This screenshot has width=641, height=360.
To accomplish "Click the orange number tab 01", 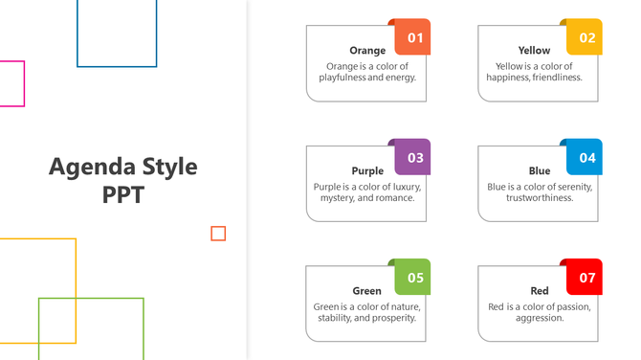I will coord(413,38).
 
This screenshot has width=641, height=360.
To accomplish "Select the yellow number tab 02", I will coord(586,38).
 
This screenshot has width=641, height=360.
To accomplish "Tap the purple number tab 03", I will coord(413,158).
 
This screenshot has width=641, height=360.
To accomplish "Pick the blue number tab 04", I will coord(586,158).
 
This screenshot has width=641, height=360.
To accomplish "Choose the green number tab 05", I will coord(413,278).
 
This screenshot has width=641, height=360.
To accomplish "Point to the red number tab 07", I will coord(586,278).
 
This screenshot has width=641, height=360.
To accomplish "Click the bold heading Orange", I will coord(367,51).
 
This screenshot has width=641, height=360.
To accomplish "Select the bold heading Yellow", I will coord(534,51).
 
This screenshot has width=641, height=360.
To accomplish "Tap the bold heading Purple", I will coord(367,171).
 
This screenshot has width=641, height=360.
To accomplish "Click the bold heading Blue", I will coord(540,171).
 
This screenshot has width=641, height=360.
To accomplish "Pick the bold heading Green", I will coord(367,291).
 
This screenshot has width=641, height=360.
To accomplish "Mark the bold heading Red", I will coord(540,291).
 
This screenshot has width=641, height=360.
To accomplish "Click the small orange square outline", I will coord(218,234).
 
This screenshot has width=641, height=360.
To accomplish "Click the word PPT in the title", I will coord(122,195).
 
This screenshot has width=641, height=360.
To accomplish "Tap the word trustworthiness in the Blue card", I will coord(540,198).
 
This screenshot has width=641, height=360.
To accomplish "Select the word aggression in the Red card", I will coord(540,318).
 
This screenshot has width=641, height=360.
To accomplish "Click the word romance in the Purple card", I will coord(394,198).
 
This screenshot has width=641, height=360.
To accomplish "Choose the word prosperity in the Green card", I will coord(392,318).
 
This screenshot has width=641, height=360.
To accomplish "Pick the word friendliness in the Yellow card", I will coord(554,79).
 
